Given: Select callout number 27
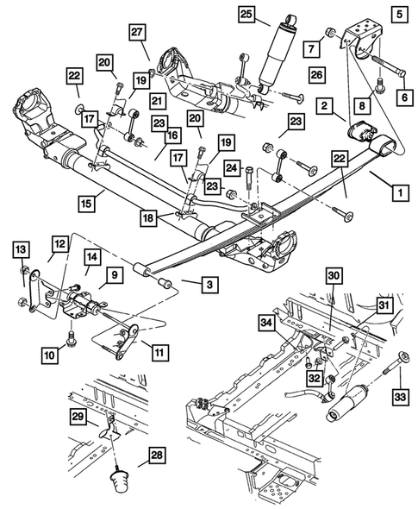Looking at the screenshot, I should tap(139, 34).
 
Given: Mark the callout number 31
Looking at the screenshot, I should tap(383, 305).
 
